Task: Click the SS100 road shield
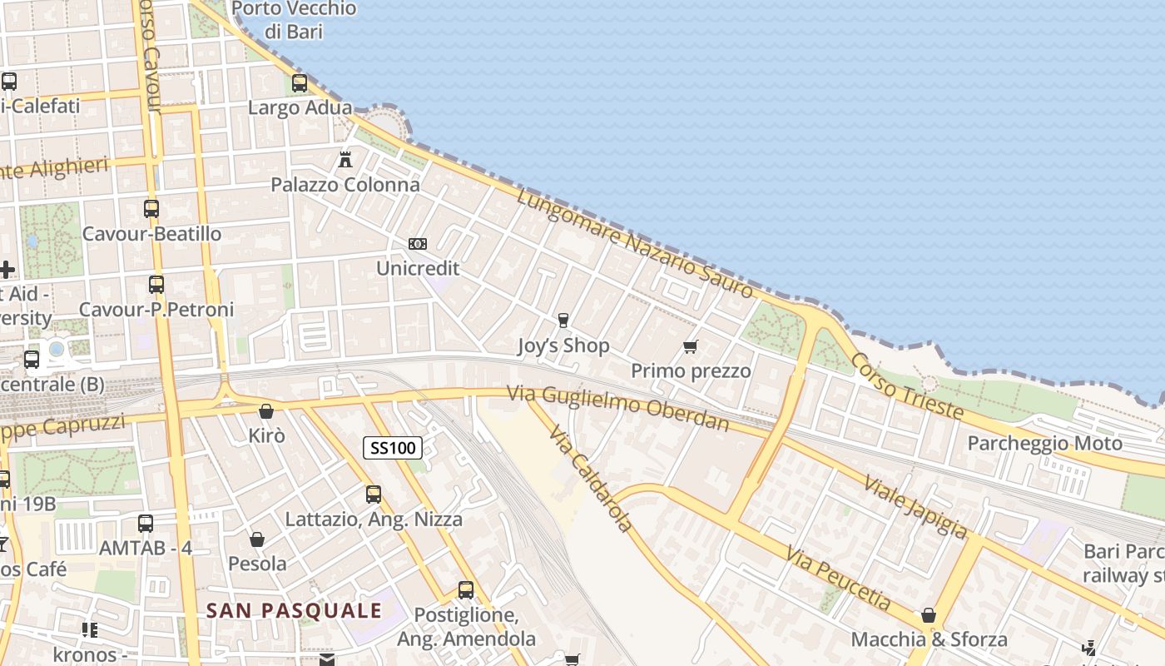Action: pos(393,448)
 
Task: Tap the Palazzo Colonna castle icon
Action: pos(345,159)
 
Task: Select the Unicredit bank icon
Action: pos(418,243)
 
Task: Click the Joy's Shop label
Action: pos(563,345)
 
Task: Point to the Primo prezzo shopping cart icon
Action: pos(690,346)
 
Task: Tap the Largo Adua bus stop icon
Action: pos(300,83)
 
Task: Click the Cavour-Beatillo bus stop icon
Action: pos(151,208)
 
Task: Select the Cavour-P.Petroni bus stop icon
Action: pos(156,285)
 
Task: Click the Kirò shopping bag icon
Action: pos(266,411)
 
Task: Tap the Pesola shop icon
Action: pos(257,539)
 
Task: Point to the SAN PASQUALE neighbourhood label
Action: pos(294,610)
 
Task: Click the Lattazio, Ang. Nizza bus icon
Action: pos(374,495)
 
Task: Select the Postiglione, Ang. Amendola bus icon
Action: pos(466,590)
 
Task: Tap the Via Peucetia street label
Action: pos(838,579)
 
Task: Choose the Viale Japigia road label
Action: pos(916,506)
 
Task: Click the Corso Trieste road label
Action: pos(908,386)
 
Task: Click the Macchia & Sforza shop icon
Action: pos(929,616)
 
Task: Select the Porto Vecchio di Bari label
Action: pos(294,20)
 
